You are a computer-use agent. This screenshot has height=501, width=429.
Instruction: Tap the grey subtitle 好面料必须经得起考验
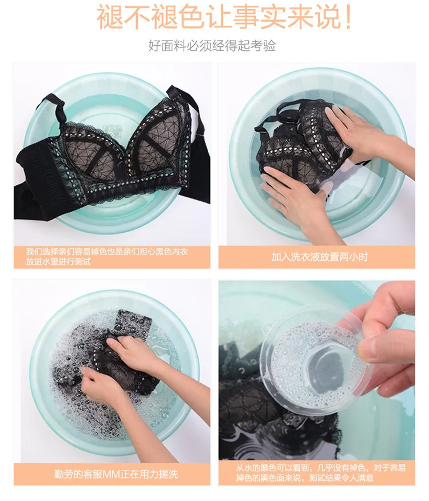click(212, 46)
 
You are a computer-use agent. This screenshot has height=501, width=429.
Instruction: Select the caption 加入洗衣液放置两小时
click(320, 257)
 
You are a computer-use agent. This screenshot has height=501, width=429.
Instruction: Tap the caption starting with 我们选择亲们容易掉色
click(107, 257)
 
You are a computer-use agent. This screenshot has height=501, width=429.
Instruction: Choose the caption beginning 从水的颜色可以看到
click(321, 473)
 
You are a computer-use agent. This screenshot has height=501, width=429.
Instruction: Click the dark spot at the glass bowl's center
click(327, 371)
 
